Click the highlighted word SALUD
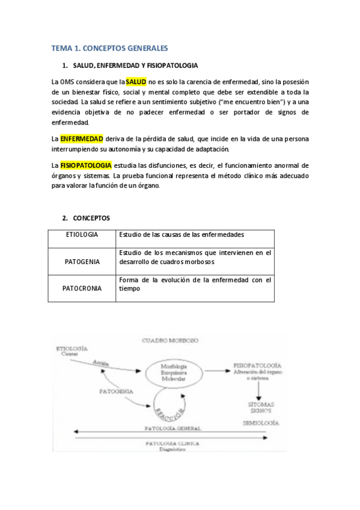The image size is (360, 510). tap(136, 81)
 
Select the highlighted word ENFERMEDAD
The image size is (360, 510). tap(82, 138)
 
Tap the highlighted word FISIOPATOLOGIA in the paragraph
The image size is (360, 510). tap(86, 165)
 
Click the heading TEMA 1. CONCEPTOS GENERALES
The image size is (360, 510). tap(109, 48)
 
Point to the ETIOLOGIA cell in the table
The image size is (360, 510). tap(82, 235)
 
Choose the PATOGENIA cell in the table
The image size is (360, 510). tap(82, 262)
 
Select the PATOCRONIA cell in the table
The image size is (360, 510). tap(82, 288)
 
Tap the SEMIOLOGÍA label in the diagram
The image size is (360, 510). tap(260, 423)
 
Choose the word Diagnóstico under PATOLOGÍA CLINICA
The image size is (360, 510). tap(171, 449)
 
